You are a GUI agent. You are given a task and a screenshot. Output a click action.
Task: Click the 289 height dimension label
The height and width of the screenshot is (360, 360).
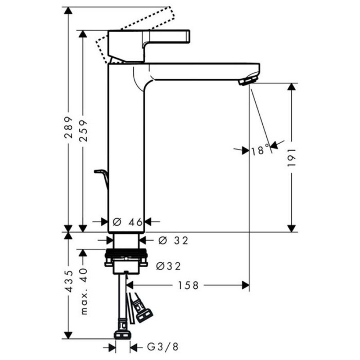click(68, 127)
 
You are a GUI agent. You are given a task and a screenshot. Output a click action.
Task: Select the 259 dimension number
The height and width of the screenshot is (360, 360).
click(83, 130)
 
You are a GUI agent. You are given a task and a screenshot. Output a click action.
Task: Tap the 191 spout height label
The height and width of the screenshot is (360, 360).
click(292, 158)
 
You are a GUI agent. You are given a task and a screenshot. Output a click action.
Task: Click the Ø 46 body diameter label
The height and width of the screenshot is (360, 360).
click(128, 222)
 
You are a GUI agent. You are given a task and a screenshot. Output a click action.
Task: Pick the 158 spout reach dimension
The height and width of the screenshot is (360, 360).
click(188, 285)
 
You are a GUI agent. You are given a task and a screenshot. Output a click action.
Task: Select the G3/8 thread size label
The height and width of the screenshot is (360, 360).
click(163, 347)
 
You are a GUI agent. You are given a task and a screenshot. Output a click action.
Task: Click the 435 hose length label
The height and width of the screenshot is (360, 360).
click(68, 281)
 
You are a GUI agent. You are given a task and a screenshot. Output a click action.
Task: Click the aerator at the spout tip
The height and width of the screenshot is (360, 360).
click(248, 80)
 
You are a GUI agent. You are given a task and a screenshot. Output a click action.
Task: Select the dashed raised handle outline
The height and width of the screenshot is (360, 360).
click(136, 34)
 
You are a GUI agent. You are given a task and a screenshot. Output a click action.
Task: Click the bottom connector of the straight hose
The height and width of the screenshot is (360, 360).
click(122, 331)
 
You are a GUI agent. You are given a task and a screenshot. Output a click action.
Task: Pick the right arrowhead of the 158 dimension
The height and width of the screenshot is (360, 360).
click(246, 285)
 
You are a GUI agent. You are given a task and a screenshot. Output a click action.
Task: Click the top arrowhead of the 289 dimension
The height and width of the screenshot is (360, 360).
click(68, 10)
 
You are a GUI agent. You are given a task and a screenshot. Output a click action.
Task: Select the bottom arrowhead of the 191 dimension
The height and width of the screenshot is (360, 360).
click(292, 229)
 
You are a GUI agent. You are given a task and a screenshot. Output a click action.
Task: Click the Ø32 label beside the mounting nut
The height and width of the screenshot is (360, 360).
click(168, 266)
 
